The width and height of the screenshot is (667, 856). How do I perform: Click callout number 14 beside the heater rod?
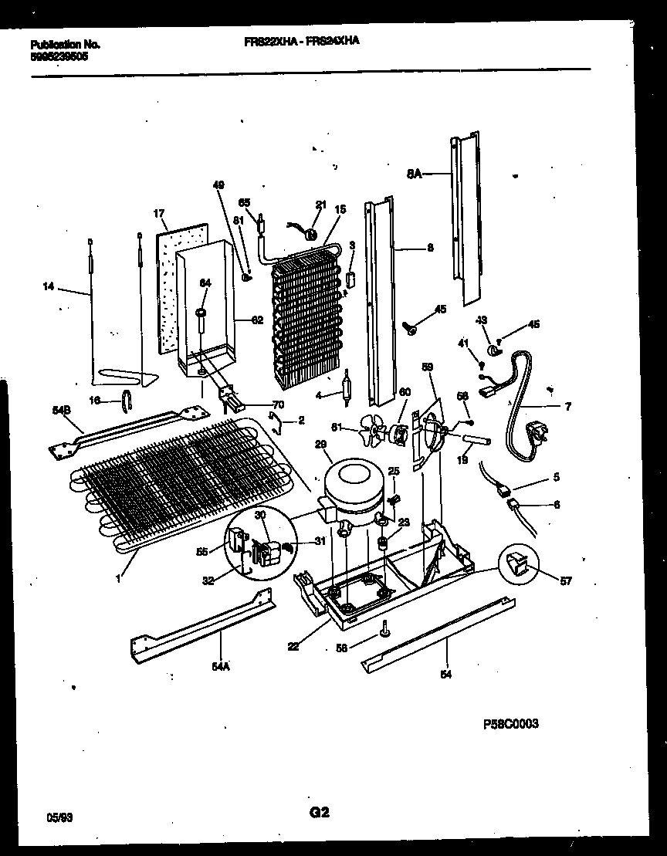[x=49, y=286]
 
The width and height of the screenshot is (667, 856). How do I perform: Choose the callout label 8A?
[x=414, y=175]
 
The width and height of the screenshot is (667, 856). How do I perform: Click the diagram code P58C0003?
[x=510, y=723]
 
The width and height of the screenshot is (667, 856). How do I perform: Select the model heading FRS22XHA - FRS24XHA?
[x=296, y=44]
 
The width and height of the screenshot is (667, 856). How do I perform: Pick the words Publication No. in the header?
[x=65, y=45]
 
